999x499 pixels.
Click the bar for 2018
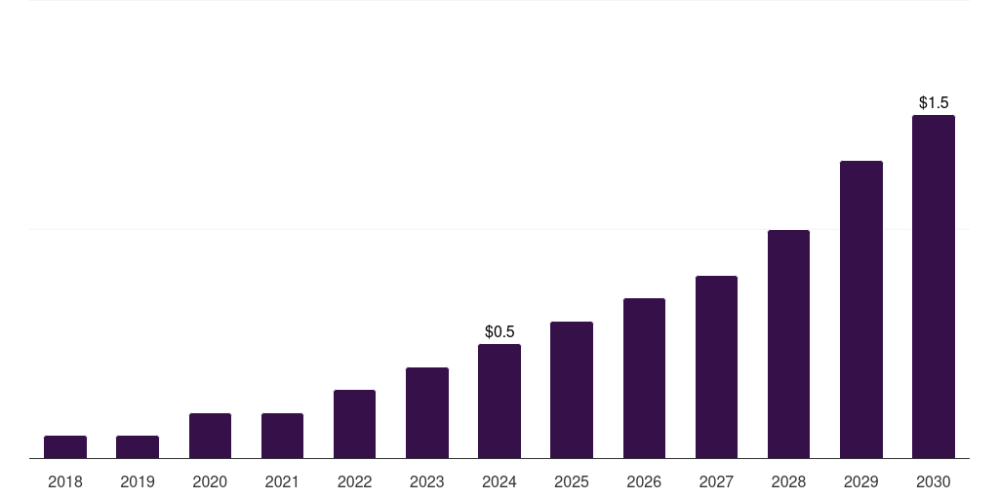65,446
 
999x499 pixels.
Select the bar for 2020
210,436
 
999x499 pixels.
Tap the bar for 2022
354,424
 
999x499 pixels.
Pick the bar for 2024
499,401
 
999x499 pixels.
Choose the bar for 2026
644,378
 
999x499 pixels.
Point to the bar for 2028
788,344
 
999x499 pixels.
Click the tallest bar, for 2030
934,287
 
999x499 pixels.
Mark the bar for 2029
861,309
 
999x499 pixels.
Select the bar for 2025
572,390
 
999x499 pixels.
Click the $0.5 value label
499,332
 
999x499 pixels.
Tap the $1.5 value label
934,102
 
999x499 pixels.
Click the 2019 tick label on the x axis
138,481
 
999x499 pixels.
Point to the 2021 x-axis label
282,481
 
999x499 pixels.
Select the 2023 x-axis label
427,481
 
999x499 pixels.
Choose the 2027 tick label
716,481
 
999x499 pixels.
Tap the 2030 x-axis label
934,481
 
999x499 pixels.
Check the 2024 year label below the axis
499,481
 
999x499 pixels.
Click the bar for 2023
427,412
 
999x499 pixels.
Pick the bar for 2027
716,366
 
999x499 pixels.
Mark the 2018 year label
65,481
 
